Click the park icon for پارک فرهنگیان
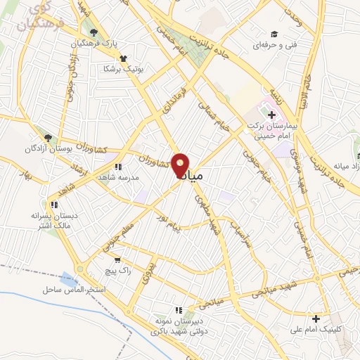pos(91,32)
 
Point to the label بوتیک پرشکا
pos(123,69)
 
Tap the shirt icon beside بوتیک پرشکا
pos(124,59)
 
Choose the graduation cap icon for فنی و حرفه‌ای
pos(275,34)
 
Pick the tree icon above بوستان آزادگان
pos(48,139)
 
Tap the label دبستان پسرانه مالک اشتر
pos(53,219)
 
